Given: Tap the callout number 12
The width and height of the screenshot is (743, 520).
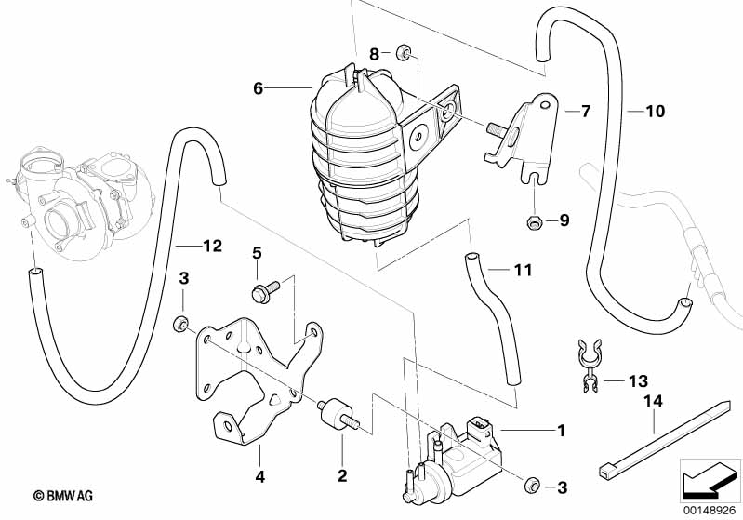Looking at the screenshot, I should (x=212, y=247).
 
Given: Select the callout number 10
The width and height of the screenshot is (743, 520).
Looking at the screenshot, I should (x=655, y=112).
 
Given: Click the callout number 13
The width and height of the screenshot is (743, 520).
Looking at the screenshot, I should (x=637, y=381).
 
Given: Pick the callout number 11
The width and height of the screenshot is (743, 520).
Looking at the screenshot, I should (x=523, y=271).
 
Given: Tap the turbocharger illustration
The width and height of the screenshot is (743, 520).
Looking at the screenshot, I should (x=79, y=195).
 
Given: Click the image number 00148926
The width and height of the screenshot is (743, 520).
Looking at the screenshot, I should (x=711, y=510).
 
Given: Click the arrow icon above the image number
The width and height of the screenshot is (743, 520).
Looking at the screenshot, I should (x=711, y=481).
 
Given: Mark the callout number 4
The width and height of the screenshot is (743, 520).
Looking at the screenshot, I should (x=260, y=477).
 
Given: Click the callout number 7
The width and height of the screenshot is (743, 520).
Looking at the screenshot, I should (x=585, y=112).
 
